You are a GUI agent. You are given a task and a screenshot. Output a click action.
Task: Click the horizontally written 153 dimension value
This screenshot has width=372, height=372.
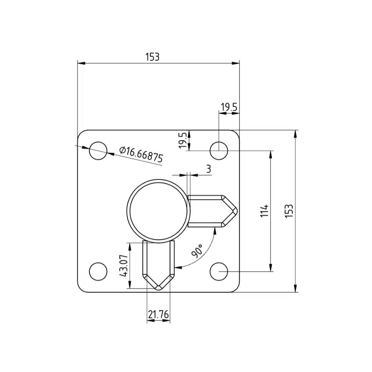pos(153,57)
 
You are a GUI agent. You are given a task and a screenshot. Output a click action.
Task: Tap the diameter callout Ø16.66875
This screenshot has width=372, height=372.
pos(141,155)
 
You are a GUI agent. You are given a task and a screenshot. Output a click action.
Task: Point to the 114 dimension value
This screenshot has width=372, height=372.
pos(264,211)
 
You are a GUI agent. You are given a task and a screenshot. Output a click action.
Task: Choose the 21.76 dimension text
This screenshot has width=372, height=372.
pos(158,315)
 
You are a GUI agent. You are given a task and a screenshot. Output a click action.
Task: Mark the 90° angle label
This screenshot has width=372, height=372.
pos(197,251)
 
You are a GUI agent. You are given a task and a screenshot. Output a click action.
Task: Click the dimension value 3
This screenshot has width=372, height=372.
pos(208,169)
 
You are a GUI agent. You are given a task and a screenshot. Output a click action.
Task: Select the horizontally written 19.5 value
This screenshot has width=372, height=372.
pos(229,108)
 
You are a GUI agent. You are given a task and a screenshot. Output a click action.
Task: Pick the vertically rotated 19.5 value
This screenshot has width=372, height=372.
pos(183,140)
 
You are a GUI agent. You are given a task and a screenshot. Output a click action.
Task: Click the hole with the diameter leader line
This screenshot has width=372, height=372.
pos(98,151)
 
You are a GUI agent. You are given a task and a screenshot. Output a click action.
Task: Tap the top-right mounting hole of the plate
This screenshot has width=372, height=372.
pos(219,151)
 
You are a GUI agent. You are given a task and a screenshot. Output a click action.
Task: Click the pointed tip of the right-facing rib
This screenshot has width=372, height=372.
pos(236,211)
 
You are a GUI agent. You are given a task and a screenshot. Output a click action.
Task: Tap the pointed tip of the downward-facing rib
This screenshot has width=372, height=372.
pos(158,288)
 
